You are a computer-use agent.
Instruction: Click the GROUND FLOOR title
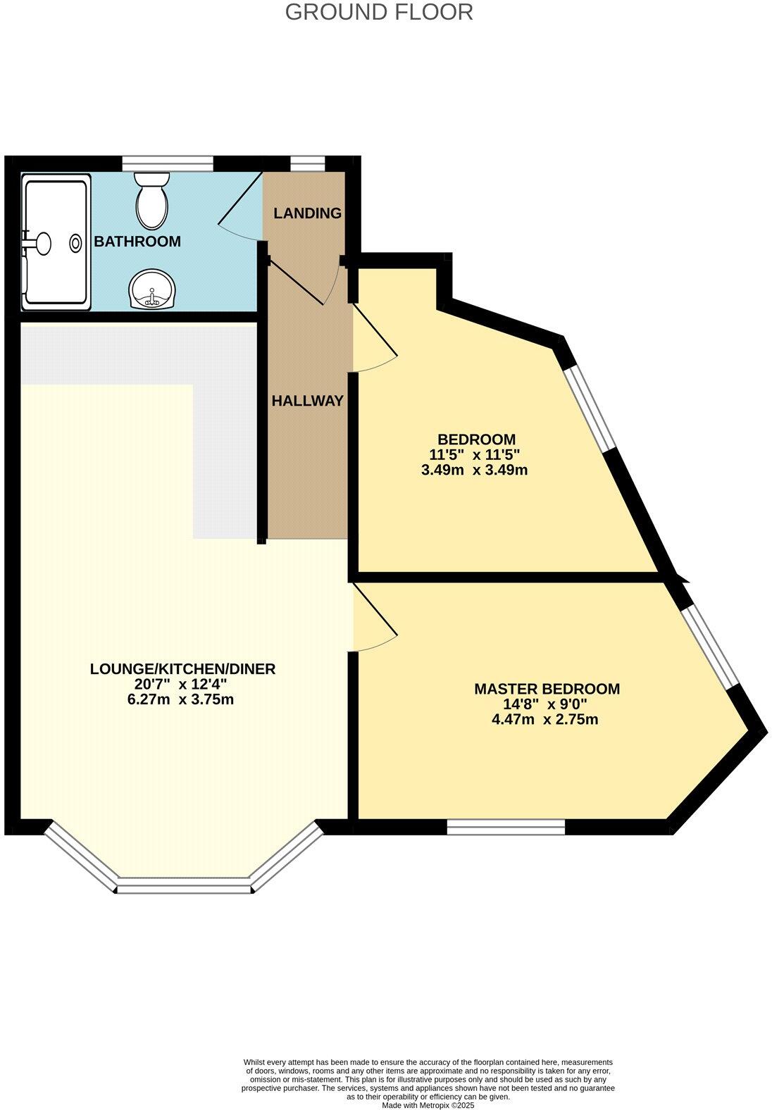379,12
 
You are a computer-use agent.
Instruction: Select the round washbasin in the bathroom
152,289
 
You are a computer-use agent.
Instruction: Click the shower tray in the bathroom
56,242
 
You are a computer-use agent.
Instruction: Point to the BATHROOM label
137,242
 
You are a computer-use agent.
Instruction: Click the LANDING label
307,213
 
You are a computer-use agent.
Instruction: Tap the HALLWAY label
308,401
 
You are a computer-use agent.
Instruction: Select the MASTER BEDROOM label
547,688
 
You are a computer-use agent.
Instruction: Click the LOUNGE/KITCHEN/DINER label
182,668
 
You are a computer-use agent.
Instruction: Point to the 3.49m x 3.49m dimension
474,470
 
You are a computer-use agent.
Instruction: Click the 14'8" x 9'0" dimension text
547,704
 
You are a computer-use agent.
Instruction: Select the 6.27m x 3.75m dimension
183,699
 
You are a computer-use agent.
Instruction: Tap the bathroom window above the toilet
168,163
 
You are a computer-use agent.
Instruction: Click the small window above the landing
308,163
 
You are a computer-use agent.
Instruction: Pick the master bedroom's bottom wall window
506,827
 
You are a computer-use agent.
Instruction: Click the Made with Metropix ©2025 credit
428,1105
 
